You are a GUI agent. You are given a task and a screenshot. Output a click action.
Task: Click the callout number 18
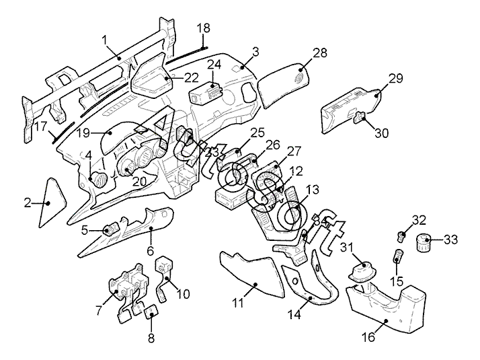(203, 28)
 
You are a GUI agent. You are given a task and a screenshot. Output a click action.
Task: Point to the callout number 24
(214, 65)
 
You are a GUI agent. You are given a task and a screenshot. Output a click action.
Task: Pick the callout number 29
(395, 78)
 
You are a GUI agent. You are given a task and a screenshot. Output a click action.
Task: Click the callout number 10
(183, 294)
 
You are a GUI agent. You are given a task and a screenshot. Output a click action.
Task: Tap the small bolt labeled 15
(397, 256)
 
